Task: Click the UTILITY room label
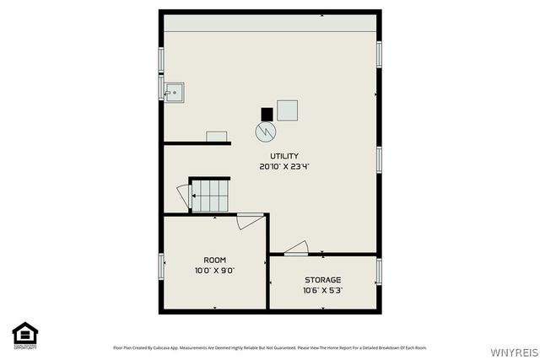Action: click(x=283, y=156)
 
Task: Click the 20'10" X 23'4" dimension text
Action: click(x=283, y=167)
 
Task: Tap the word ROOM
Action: click(x=214, y=260)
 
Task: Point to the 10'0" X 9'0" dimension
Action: click(x=214, y=271)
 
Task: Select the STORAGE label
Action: click(x=322, y=280)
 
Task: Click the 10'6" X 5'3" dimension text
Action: click(x=322, y=291)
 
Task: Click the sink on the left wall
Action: click(x=173, y=90)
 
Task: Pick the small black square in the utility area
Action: click(x=267, y=114)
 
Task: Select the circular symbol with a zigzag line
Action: click(x=266, y=132)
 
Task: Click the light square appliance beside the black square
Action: click(x=288, y=110)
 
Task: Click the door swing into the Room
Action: click(x=251, y=221)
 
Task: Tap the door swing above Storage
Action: click(x=296, y=248)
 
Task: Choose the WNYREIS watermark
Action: click(x=516, y=349)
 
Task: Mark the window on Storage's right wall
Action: click(x=379, y=271)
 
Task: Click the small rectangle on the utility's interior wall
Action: click(x=217, y=137)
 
